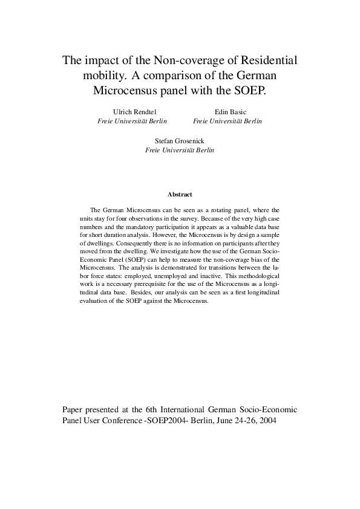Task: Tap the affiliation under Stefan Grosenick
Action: [180, 150]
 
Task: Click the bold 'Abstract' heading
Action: [180, 195]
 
